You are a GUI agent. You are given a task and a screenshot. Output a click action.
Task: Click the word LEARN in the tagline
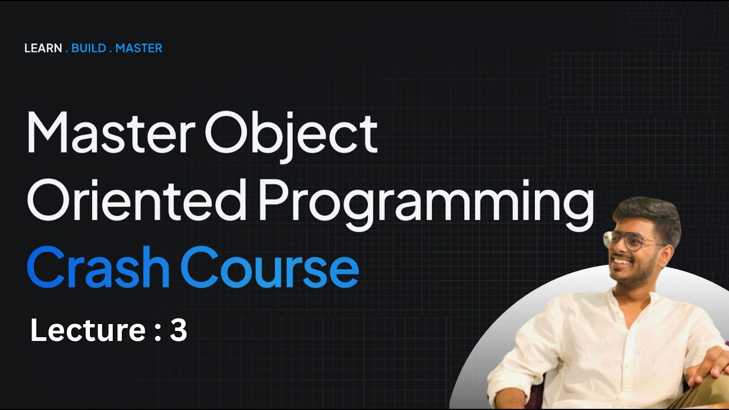click(x=43, y=48)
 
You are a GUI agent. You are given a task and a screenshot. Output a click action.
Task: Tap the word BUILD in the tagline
click(x=89, y=48)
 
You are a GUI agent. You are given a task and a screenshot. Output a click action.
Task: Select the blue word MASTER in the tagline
click(x=138, y=48)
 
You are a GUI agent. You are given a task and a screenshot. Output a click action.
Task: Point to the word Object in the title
click(x=291, y=134)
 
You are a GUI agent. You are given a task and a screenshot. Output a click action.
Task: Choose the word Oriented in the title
click(x=137, y=199)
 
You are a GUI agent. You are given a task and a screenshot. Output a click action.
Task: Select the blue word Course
click(x=269, y=266)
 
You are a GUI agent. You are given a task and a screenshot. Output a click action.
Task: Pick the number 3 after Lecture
click(x=178, y=330)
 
